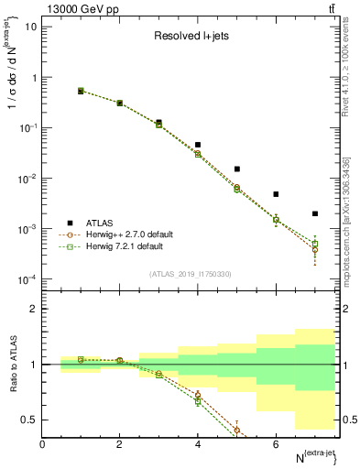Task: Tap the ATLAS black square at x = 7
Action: [x=315, y=213]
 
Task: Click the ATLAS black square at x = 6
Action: [x=276, y=194]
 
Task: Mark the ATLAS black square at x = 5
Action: [x=237, y=169]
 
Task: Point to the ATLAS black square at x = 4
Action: [x=198, y=145]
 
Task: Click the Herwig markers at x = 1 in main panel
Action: [x=81, y=91]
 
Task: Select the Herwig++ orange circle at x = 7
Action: [x=315, y=249]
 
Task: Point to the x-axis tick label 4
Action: [x=198, y=444]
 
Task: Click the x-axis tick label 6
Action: [x=276, y=444]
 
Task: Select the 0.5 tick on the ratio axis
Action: [x=30, y=420]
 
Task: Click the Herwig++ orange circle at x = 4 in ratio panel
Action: [x=198, y=396]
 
